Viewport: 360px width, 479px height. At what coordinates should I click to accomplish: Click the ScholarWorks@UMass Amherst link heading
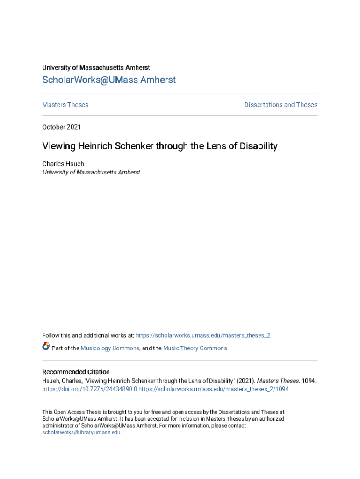point(109,80)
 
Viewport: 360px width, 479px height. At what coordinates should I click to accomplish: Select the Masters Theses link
point(65,105)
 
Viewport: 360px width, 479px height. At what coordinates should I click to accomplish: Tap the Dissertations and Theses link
point(281,105)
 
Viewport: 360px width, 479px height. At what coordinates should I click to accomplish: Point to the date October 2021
point(61,127)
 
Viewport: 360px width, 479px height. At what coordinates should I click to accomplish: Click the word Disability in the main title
point(259,146)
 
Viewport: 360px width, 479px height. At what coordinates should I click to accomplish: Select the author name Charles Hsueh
point(63,164)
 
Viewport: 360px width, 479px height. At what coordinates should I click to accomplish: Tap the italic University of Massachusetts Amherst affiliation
point(91,172)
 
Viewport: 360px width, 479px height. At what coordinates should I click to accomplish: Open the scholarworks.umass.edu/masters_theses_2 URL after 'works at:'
point(203,335)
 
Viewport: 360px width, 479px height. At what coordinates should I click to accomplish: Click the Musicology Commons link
point(110,348)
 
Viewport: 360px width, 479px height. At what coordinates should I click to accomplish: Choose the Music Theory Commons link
point(195,348)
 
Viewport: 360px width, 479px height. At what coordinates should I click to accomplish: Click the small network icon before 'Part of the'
point(46,347)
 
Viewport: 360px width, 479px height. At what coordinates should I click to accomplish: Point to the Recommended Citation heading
point(76,372)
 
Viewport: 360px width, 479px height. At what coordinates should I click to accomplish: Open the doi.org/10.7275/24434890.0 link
point(90,389)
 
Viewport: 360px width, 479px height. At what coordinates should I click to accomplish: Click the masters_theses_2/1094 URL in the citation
point(214,389)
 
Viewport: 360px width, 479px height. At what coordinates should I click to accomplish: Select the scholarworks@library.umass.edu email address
point(81,433)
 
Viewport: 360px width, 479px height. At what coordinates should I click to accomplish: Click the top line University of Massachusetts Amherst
point(96,68)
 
